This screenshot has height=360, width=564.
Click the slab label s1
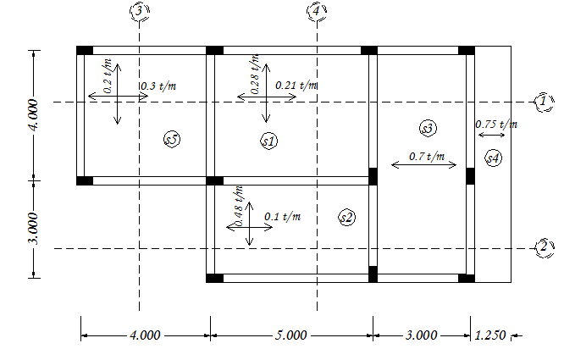point(268,141)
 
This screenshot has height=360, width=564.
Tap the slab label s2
point(346,218)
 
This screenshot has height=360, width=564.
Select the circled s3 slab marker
point(427,128)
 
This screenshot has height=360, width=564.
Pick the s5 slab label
point(172,140)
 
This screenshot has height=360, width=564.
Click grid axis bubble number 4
point(316,11)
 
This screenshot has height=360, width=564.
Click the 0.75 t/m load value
point(496,124)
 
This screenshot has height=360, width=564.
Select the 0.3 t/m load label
point(158,86)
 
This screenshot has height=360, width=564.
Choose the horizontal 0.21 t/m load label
point(296,85)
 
